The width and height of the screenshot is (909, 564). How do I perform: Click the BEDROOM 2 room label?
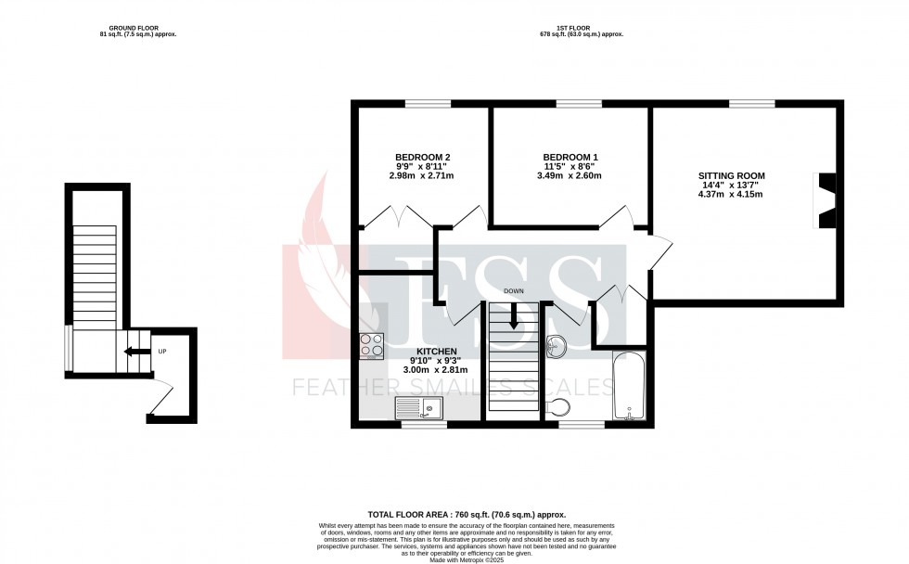tap(422, 157)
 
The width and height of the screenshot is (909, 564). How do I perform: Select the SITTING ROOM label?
tap(732, 174)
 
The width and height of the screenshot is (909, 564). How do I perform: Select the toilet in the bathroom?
tap(559, 406)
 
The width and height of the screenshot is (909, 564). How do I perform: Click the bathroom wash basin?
tap(558, 346)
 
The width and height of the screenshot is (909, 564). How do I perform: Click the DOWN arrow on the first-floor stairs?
tap(513, 318)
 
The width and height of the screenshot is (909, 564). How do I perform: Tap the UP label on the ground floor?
tap(162, 352)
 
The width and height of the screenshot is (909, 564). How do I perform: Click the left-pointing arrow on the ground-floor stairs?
tap(134, 352)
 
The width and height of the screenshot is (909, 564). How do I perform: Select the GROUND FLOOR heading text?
tap(137, 28)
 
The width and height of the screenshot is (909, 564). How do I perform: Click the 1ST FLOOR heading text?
tap(582, 28)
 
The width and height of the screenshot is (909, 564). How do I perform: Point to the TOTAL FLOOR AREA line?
tap(467, 514)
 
